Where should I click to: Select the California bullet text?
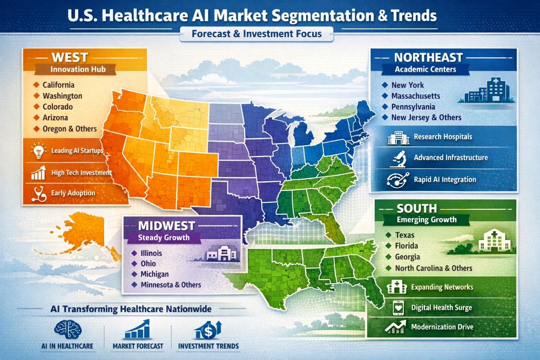pos(59,85)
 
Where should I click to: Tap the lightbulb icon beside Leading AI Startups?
pos(38,151)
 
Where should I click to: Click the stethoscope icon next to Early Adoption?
pos(38,193)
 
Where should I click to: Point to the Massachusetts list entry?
pos(416,96)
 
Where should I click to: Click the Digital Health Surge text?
pos(441,307)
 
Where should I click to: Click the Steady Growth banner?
pos(161,237)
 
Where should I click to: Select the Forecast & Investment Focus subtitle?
pos(256,34)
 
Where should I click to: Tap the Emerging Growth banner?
pos(427,220)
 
